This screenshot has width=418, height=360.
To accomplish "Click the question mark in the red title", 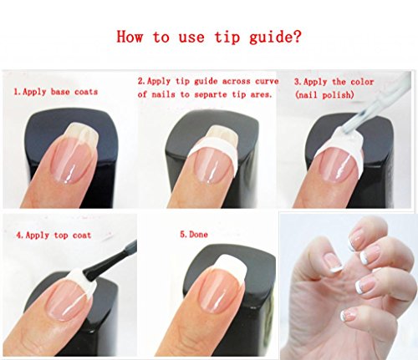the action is click(x=297, y=37).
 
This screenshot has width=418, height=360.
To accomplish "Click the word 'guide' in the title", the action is click(x=270, y=38).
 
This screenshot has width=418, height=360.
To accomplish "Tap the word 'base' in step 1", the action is click(x=60, y=92).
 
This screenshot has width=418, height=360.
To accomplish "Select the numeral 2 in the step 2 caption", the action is click(x=141, y=81).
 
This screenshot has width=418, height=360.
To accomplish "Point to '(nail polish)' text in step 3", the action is click(x=324, y=95).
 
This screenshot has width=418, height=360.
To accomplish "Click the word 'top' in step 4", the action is click(x=61, y=236).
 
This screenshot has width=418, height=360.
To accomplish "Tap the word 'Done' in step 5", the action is click(x=198, y=235).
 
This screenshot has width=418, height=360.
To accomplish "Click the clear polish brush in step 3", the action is click(x=370, y=109).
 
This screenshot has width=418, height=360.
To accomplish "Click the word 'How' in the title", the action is click(x=130, y=37).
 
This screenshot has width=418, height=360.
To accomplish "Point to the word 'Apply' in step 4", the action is click(x=38, y=236).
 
